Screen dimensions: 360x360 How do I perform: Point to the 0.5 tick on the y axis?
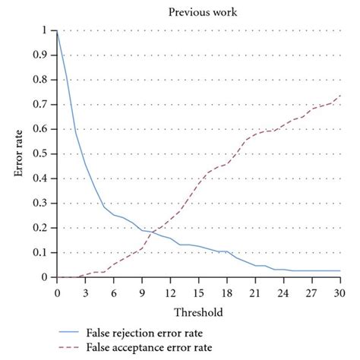point(45,153)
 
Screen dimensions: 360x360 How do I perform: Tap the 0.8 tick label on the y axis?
point(45,80)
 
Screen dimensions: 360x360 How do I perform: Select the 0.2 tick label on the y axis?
point(45,228)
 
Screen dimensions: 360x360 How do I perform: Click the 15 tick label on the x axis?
point(198,292)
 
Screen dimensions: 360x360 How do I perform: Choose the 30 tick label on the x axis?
point(339,292)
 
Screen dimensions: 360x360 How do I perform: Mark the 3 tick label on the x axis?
point(85,292)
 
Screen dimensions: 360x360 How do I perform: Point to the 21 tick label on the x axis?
point(255,292)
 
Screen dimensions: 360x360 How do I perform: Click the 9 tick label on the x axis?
point(141,292)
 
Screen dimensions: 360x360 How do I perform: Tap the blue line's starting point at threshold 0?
point(57,30)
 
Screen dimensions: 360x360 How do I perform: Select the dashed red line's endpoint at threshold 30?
point(339,96)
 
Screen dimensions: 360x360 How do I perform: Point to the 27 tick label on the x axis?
point(311,292)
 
